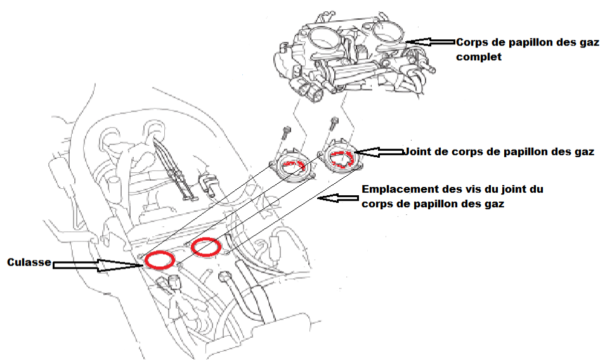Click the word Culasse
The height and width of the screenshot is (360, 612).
click(29, 262)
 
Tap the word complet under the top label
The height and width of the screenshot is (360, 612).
click(479, 57)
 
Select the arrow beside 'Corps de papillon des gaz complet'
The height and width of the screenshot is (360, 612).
click(431, 41)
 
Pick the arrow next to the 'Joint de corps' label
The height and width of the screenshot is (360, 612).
click(380, 151)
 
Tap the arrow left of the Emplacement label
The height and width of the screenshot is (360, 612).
click(338, 198)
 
